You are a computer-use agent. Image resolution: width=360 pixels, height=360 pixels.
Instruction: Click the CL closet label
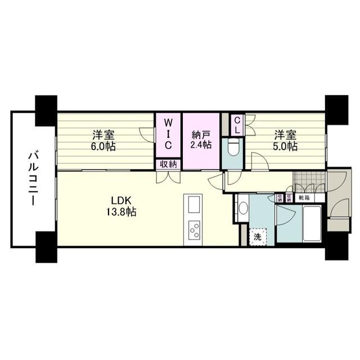point(237,124)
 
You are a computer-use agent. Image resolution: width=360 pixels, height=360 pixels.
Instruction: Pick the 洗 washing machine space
point(257,237)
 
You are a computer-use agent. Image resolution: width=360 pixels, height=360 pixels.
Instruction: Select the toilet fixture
point(233,148)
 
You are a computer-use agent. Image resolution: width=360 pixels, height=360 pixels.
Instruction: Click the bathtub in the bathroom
point(312,224)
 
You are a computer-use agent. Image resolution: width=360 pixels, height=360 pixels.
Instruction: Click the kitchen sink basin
point(193,202)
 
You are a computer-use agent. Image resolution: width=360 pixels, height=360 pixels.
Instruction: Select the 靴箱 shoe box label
point(304,198)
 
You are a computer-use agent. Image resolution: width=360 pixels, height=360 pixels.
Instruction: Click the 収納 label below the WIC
point(168,164)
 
